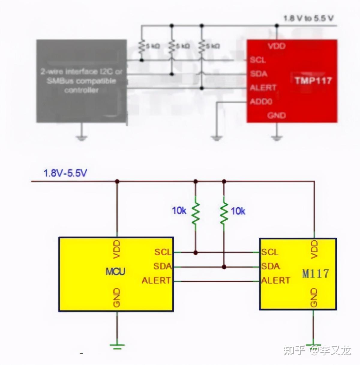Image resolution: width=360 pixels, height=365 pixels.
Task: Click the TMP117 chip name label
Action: tap(313, 81)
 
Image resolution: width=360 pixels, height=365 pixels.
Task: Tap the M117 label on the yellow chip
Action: tap(315, 273)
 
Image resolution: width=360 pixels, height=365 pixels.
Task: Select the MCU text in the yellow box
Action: tap(115, 272)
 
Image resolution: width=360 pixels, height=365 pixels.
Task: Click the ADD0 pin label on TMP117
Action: tap(261, 102)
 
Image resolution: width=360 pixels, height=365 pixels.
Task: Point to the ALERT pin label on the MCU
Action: tap(156, 281)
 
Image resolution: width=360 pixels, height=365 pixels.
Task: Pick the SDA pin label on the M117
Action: tap(270, 266)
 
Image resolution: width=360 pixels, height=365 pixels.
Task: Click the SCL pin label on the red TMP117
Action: tap(258, 60)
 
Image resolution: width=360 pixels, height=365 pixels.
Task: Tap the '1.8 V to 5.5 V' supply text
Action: tap(308, 18)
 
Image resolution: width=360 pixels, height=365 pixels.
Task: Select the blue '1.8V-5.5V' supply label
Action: tap(65, 173)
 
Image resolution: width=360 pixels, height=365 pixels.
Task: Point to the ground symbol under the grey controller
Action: tap(81, 138)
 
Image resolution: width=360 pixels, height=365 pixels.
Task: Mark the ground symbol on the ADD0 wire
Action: tap(217, 138)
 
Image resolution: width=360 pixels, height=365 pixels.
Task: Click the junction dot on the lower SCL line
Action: tap(195, 253)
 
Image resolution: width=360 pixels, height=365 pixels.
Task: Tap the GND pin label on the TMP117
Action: tap(276, 115)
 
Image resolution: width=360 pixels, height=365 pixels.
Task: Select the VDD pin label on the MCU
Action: tap(117, 249)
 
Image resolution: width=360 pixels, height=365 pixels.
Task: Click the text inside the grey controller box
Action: tap(81, 81)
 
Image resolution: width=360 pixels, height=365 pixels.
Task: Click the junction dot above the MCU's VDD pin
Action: tap(117, 181)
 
